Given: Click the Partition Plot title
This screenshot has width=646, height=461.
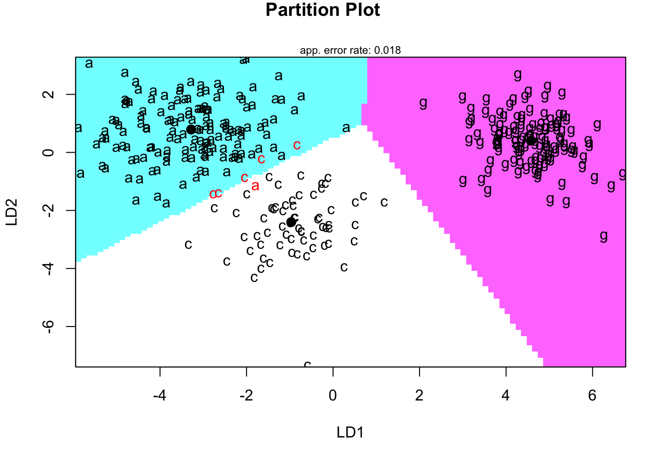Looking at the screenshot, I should (x=323, y=10).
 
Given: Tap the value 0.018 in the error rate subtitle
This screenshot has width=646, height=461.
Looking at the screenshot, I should (x=387, y=50).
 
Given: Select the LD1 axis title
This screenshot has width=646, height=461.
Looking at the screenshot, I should (x=350, y=432).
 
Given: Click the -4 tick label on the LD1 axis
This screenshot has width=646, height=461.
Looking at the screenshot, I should (x=160, y=396).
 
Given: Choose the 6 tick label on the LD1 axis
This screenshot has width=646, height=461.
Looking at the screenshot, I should (x=592, y=396).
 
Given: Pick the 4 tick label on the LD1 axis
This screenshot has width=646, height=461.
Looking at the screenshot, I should (x=506, y=396).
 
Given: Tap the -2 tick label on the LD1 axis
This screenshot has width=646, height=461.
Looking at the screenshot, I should (x=246, y=396).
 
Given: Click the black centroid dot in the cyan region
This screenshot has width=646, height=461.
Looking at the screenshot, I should (x=191, y=129).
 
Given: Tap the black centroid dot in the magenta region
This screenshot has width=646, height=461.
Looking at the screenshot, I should (x=531, y=140).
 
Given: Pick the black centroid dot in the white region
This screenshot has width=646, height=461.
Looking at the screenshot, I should (x=291, y=222).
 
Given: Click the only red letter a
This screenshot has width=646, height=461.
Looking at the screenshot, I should (x=255, y=186).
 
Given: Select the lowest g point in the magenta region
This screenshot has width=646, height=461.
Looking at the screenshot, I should (x=604, y=236).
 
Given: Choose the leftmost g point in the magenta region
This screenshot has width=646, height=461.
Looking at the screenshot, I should (x=423, y=102).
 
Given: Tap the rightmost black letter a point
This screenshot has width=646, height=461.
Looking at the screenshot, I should (x=346, y=128).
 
